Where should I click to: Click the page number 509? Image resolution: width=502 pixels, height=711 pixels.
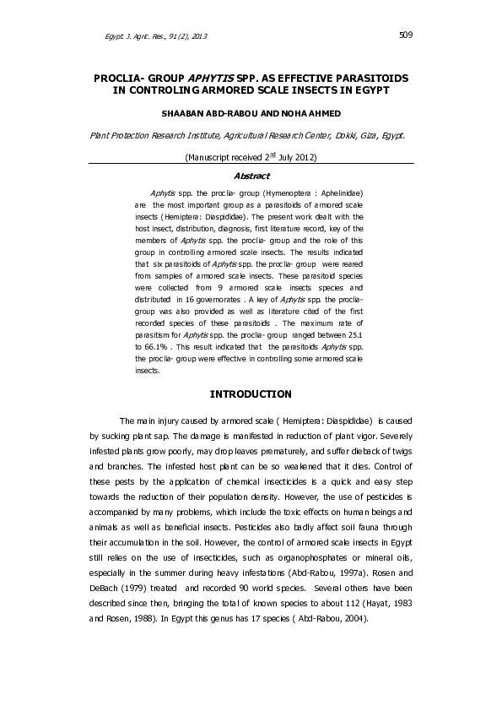coord(405,35)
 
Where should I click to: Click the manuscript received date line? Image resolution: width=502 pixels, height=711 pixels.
coord(251,156)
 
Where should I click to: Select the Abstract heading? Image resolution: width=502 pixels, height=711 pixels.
coord(251,176)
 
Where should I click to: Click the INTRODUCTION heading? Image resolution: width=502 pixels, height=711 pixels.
coord(251,394)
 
